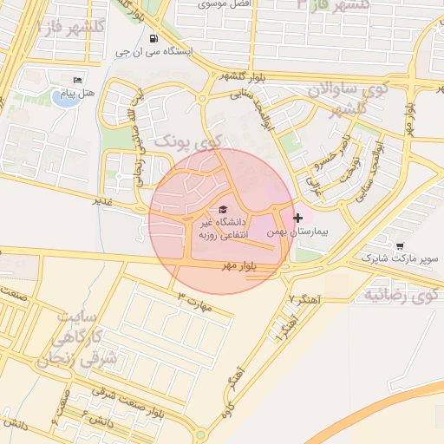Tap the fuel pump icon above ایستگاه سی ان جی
153,39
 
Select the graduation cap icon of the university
223,210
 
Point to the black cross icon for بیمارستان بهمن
299,218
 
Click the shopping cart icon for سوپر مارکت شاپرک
399,246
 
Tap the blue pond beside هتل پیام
62,98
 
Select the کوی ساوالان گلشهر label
345,98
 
